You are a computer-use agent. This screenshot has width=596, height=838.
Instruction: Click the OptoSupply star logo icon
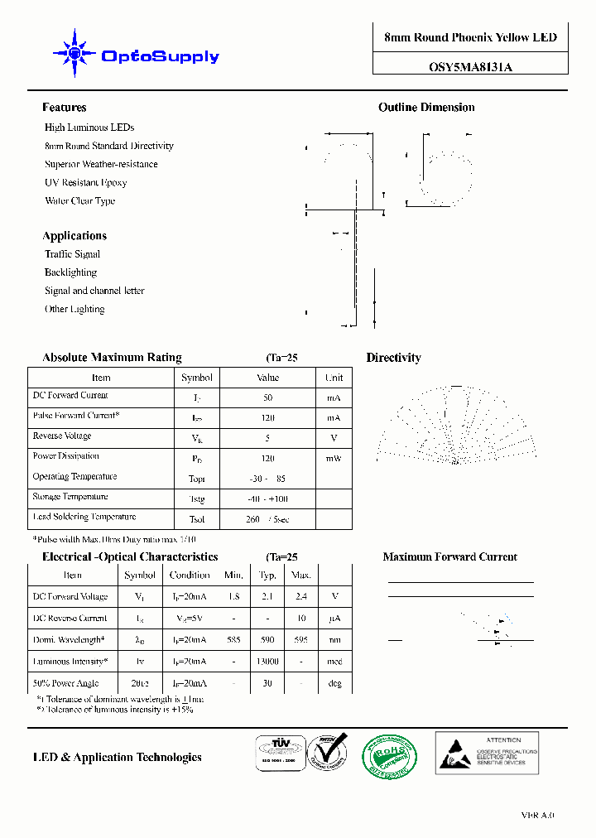(74, 55)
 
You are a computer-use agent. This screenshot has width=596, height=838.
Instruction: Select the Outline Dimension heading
(426, 108)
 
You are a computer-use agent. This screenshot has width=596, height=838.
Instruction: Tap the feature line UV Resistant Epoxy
(85, 182)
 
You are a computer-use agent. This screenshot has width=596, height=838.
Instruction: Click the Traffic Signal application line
(72, 254)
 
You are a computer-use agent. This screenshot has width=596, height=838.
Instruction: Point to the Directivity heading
(393, 358)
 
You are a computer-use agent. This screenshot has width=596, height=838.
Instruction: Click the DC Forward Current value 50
(267, 397)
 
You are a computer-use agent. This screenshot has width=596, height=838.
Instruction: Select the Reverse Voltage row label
(62, 436)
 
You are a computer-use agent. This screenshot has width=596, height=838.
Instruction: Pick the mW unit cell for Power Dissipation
(334, 458)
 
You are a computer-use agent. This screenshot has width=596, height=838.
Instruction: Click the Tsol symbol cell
(196, 519)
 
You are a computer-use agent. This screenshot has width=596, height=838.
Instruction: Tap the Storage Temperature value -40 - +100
(267, 499)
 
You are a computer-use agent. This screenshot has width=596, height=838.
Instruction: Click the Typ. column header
(267, 575)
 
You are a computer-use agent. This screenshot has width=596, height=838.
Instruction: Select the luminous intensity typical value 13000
(267, 662)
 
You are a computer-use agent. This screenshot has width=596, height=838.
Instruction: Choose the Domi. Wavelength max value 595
(301, 640)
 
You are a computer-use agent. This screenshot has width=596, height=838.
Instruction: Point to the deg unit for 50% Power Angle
(335, 684)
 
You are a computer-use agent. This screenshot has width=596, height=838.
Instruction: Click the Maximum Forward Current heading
(449, 557)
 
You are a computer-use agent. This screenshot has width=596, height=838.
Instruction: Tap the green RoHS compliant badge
(389, 755)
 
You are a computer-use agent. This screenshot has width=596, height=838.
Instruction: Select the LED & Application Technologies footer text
(117, 757)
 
